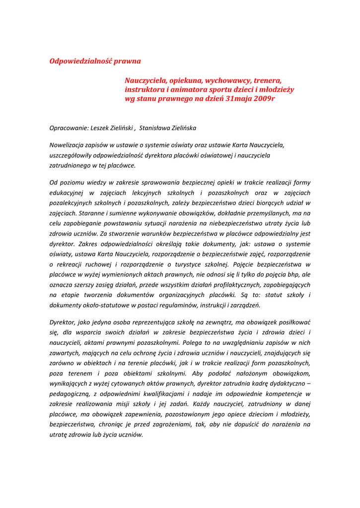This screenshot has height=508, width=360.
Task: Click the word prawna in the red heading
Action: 128,61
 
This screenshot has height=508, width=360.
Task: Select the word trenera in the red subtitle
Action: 268,80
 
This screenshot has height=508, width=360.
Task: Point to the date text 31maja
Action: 239,99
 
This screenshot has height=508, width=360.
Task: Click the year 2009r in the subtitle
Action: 264,99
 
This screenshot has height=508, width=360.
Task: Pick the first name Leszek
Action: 100,128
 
